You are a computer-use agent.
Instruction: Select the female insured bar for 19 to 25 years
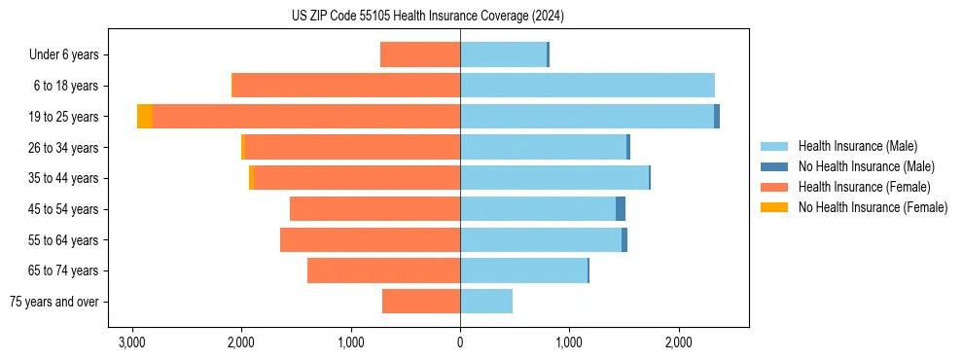click(x=306, y=117)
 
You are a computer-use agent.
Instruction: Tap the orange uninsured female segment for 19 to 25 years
click(x=145, y=117)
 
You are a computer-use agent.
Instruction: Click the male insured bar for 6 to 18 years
click(x=588, y=86)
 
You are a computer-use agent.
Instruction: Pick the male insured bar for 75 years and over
click(x=486, y=302)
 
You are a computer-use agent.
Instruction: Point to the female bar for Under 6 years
click(x=420, y=55)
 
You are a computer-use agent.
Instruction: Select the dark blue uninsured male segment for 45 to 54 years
click(x=621, y=209)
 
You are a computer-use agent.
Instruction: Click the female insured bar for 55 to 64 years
click(x=370, y=240)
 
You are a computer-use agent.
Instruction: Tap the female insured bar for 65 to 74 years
click(x=383, y=270)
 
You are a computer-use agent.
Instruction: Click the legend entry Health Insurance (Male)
click(x=857, y=146)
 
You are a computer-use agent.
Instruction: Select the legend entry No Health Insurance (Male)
click(x=866, y=166)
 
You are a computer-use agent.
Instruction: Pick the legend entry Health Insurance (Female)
click(x=864, y=187)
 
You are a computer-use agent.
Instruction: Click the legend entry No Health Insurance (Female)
click(x=873, y=207)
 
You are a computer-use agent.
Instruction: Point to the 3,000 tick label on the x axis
click(x=132, y=342)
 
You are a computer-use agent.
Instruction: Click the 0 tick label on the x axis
click(x=460, y=342)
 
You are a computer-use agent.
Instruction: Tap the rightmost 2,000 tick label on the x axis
click(x=679, y=342)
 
